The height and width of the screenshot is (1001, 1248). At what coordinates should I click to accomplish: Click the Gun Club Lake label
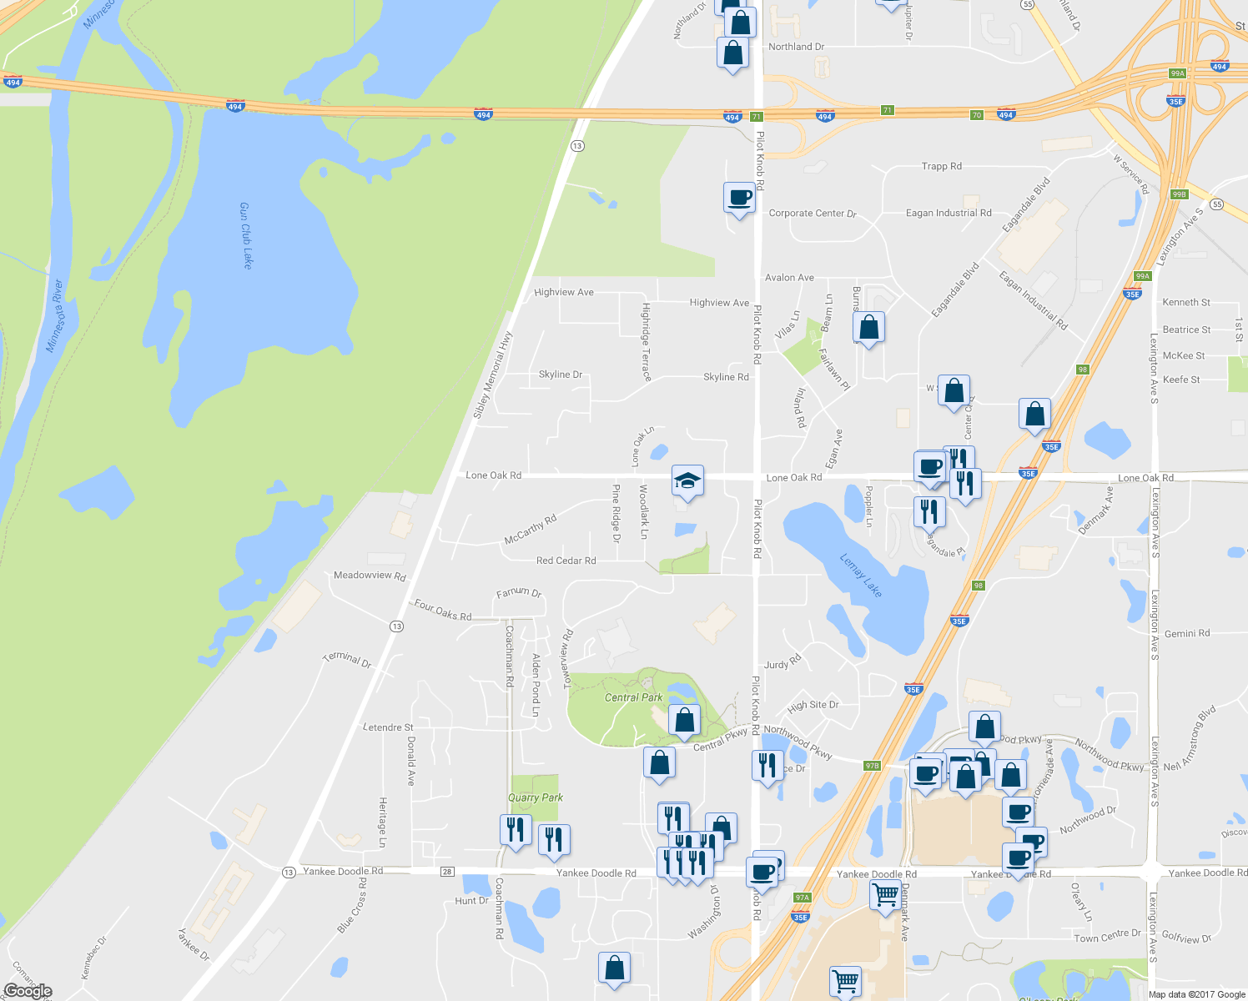click(x=246, y=235)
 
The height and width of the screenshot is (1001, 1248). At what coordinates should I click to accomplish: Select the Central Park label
click(x=633, y=697)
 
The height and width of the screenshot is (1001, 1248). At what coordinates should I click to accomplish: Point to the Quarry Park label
click(x=536, y=797)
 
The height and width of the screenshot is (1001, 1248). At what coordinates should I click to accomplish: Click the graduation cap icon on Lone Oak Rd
click(x=687, y=480)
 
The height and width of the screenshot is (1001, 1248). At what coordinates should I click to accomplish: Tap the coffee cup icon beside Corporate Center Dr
click(x=739, y=199)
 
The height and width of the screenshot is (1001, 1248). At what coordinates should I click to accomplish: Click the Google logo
click(x=28, y=991)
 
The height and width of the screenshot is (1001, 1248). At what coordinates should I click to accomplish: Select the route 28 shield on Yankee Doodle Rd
click(x=447, y=872)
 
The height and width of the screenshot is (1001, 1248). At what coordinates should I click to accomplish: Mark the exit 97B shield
click(x=872, y=765)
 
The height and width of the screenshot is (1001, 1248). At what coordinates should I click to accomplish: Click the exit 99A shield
click(x=1177, y=73)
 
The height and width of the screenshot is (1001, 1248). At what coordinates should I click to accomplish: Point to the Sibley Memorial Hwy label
click(x=492, y=375)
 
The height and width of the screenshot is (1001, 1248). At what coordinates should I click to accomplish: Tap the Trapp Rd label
click(x=942, y=166)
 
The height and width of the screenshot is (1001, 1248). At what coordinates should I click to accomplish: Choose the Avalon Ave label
click(x=789, y=278)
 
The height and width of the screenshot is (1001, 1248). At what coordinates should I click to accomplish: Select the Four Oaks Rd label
click(x=443, y=611)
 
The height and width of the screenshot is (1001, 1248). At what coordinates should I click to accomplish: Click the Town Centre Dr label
click(x=1107, y=937)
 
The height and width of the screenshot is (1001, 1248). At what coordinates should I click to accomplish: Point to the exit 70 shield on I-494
click(x=977, y=115)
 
